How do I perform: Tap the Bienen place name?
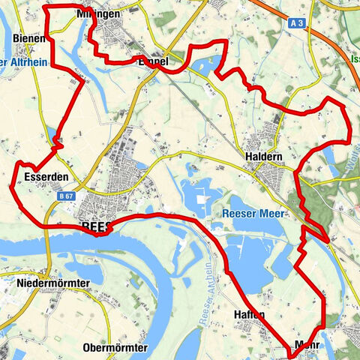[x=29, y=37]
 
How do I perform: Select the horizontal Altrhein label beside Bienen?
[x=18, y=62]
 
